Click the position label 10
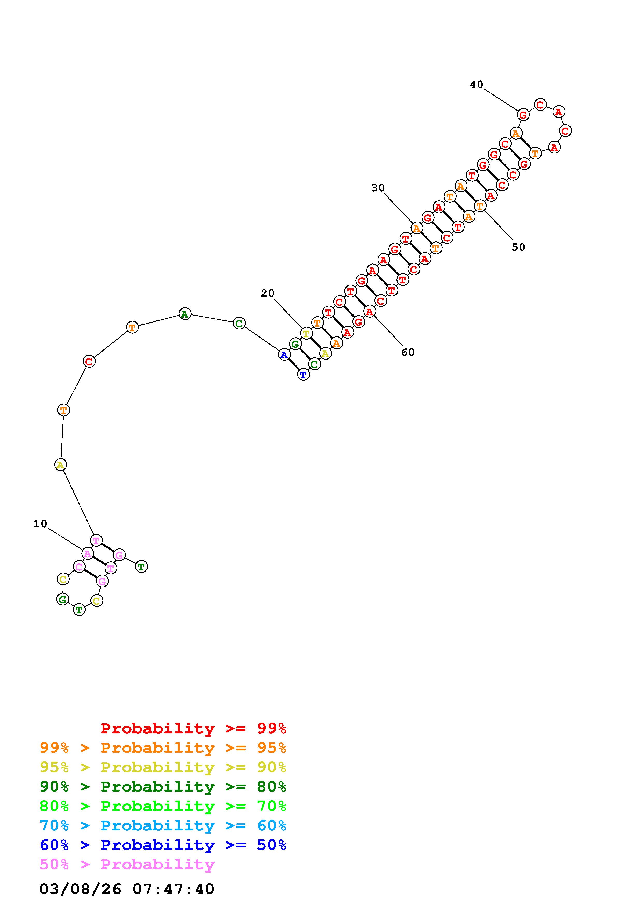(x=40, y=524)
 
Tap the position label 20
(x=268, y=293)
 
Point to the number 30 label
(x=378, y=188)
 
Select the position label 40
(x=477, y=84)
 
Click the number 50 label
(x=518, y=247)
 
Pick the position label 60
(x=408, y=352)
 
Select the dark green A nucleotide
(x=185, y=314)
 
